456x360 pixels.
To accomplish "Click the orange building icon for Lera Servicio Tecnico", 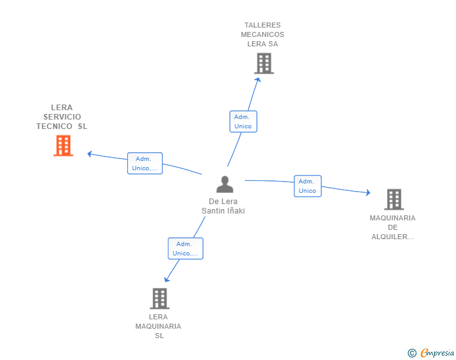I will point(63,146).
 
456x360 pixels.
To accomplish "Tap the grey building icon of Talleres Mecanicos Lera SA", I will point(264,63).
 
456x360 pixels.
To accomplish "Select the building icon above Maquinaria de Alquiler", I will point(393,199).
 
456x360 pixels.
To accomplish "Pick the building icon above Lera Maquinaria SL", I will point(159,299).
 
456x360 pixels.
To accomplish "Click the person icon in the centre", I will point(224,185).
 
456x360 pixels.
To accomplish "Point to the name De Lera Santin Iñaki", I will point(223,206).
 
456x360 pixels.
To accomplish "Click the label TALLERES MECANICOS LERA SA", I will point(264,34).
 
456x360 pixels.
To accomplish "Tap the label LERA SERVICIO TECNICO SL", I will point(62,116).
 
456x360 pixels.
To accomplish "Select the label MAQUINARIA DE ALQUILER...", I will point(393,227).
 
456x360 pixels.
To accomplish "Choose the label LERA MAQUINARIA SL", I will point(158,326).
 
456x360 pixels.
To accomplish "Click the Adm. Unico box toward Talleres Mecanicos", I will point(243,121).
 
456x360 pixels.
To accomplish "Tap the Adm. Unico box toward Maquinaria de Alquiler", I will point(308,186).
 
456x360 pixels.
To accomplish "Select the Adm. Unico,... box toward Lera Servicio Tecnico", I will point(145,163).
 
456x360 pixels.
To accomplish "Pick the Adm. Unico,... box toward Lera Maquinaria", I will point(185,249).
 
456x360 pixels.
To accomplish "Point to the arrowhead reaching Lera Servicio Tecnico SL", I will point(90,153).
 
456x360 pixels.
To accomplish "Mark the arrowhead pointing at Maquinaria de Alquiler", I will point(368,193).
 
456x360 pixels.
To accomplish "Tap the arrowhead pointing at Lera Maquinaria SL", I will point(167,279).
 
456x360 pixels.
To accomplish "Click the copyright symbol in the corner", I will point(412,353).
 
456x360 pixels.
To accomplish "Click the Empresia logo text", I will point(437,353).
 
